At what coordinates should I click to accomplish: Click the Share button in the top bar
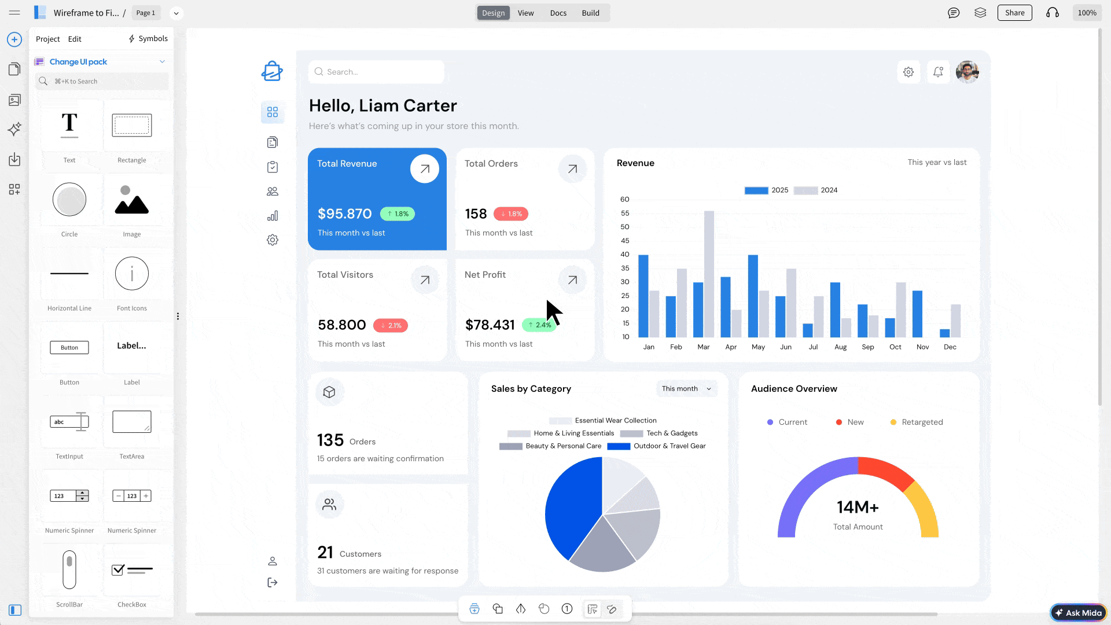[1014, 13]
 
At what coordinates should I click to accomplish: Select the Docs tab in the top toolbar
[558, 13]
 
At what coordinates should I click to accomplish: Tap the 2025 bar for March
[698, 310]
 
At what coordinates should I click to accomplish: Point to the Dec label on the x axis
[950, 347]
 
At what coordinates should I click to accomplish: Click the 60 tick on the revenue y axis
[625, 200]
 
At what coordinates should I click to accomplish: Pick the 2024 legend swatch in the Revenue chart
[805, 190]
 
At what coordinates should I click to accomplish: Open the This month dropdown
[686, 389]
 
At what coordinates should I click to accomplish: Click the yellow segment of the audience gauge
[924, 509]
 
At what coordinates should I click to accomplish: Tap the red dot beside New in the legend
[839, 422]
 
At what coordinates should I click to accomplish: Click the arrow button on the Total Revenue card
[424, 169]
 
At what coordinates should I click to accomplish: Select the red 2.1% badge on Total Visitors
[391, 325]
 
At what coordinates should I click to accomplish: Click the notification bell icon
[938, 72]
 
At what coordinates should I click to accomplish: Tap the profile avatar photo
[967, 72]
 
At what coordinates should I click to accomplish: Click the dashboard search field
[376, 72]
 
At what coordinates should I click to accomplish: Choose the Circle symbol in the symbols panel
[69, 200]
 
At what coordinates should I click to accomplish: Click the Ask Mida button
[1078, 613]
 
